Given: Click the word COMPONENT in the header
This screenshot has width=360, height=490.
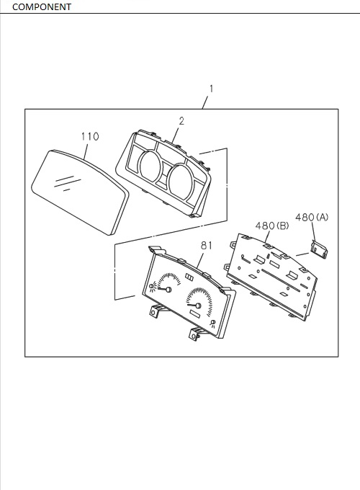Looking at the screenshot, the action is click(42, 6).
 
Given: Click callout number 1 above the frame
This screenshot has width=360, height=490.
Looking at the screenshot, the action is click(212, 89).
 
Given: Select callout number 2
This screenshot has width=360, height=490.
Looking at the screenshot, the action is click(181, 121).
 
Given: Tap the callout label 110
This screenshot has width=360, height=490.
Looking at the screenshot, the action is click(90, 137).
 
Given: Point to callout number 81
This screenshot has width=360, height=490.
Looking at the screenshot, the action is click(207, 246).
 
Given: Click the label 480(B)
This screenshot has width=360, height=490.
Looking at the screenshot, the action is click(272, 226).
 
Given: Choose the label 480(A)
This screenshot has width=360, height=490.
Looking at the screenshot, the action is click(312, 217).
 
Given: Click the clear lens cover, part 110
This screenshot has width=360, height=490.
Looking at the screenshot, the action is click(81, 192).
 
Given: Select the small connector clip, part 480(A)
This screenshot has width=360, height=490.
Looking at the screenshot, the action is click(319, 249).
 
